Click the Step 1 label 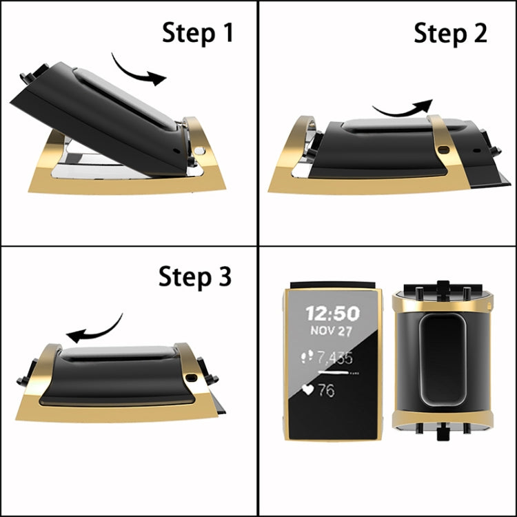198,32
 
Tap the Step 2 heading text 450,32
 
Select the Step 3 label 195,276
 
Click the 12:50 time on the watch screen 333,314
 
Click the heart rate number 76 326,390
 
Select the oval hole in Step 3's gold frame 191,376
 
